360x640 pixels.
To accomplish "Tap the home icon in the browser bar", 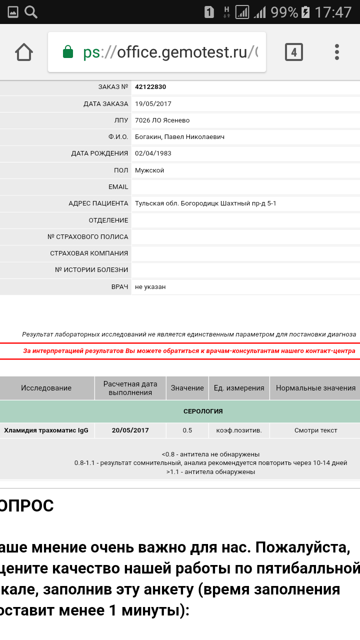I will tap(24, 52).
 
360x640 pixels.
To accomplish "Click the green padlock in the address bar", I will tap(68, 52).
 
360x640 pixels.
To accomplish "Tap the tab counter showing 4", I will tap(294, 52).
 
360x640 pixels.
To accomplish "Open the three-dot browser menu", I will tap(337, 52).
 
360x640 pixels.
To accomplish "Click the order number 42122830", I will tap(150, 87).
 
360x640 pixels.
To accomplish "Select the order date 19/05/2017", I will tap(153, 104).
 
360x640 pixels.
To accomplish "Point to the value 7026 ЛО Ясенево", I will tap(162, 120).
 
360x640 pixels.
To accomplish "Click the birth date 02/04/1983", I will tap(153, 153).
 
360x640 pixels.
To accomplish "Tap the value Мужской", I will tap(149, 170).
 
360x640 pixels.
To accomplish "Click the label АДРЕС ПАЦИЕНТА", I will tap(98, 203).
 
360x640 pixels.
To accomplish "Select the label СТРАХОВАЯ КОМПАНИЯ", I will tap(89, 253).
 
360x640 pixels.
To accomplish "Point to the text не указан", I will tap(150, 287).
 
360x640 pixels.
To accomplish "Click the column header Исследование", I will tap(46, 388).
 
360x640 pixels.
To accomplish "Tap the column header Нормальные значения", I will tap(315, 388).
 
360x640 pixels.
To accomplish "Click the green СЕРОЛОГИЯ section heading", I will tap(203, 411).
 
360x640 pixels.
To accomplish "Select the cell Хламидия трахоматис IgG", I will tap(46, 430).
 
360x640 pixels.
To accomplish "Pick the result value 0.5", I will tap(187, 430).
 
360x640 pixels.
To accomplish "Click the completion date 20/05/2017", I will tap(130, 430).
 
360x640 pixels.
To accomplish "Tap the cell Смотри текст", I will tap(315, 430).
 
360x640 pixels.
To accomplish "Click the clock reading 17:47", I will tap(333, 12).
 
